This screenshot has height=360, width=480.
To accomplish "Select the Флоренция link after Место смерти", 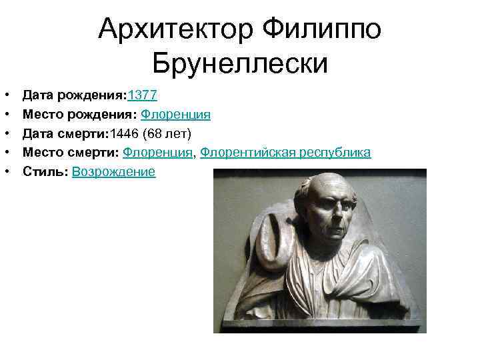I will tap(159, 153).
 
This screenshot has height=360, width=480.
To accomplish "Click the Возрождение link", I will tap(113, 172).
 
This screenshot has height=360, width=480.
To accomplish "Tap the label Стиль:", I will tap(45, 172).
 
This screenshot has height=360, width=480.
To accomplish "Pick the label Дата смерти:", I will tap(68, 134).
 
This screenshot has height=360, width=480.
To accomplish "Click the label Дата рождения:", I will tap(74, 95).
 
